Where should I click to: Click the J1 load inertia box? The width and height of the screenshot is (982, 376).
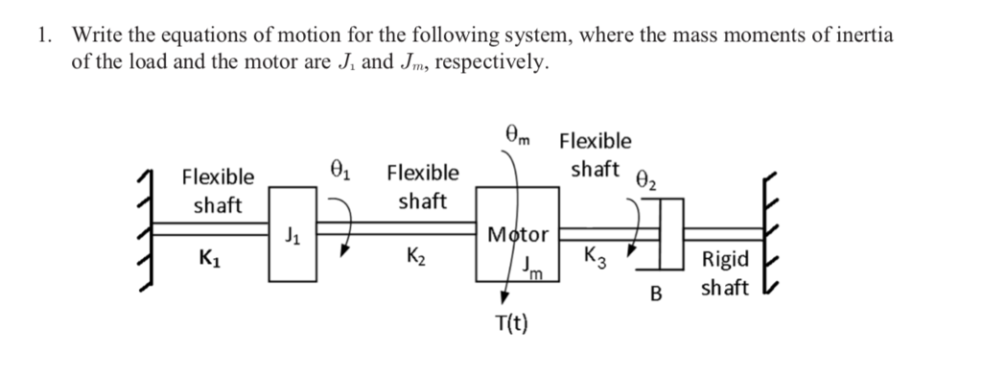[292, 234]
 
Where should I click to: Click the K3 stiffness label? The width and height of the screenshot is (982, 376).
[596, 257]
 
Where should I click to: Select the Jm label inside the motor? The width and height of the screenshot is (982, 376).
[532, 269]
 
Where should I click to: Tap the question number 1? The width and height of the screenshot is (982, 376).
[42, 36]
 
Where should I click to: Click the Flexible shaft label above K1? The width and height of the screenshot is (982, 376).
[219, 190]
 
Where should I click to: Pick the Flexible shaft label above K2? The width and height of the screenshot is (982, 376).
[422, 187]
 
